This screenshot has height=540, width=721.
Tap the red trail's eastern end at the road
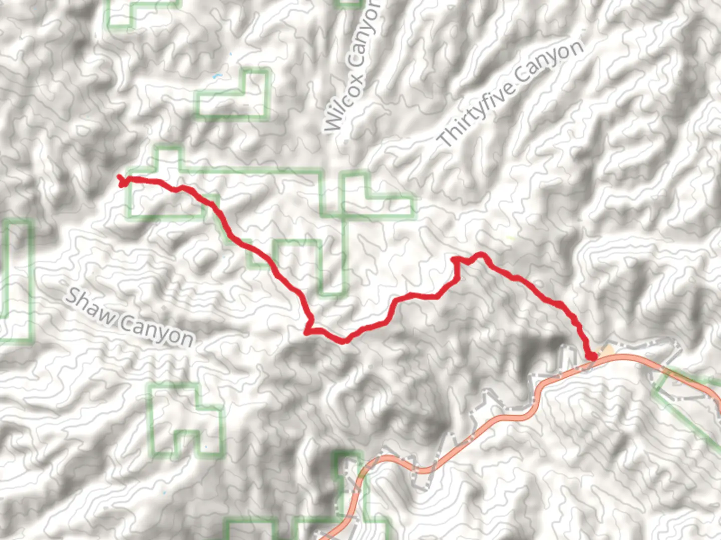(592, 356)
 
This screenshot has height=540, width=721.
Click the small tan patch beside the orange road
(607, 351)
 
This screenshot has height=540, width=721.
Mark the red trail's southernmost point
(343, 341)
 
